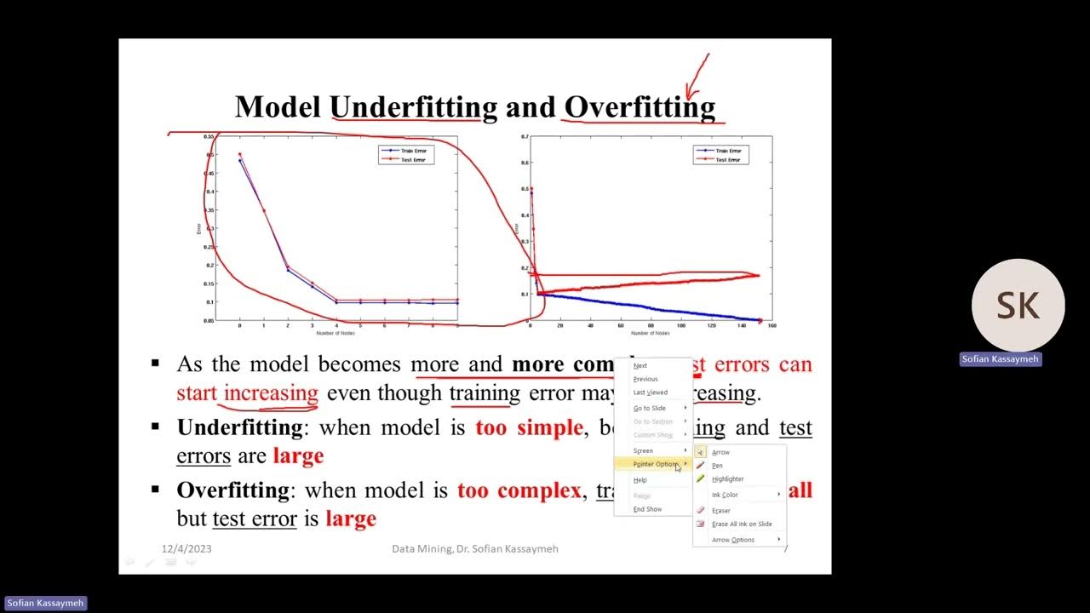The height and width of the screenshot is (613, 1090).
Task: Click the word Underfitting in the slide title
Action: (x=413, y=107)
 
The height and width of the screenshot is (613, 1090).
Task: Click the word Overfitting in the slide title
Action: (x=640, y=107)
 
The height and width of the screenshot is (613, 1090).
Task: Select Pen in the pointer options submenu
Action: (x=717, y=466)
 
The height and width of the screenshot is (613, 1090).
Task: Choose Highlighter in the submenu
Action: (x=727, y=479)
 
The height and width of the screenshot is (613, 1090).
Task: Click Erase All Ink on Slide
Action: (x=742, y=524)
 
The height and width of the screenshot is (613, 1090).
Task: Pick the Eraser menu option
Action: (x=721, y=511)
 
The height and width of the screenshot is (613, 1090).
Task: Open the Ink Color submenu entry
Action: (x=725, y=495)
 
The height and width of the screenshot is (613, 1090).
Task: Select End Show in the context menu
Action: (x=647, y=509)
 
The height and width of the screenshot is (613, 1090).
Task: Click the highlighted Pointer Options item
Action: (x=655, y=464)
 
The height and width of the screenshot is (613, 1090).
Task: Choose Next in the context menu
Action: (x=640, y=366)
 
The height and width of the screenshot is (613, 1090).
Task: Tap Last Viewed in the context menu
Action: (x=650, y=392)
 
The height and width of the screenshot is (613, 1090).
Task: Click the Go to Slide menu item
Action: (x=650, y=409)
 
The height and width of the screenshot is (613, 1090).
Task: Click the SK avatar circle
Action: (x=1018, y=306)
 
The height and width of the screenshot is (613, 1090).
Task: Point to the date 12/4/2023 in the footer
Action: (x=186, y=549)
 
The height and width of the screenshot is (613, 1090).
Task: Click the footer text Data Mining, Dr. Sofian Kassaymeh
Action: (x=475, y=549)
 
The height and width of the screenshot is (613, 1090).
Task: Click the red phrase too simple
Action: (x=529, y=427)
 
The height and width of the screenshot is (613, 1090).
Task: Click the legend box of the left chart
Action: (x=406, y=155)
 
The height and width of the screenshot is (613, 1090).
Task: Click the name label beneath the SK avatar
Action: (x=1001, y=359)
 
